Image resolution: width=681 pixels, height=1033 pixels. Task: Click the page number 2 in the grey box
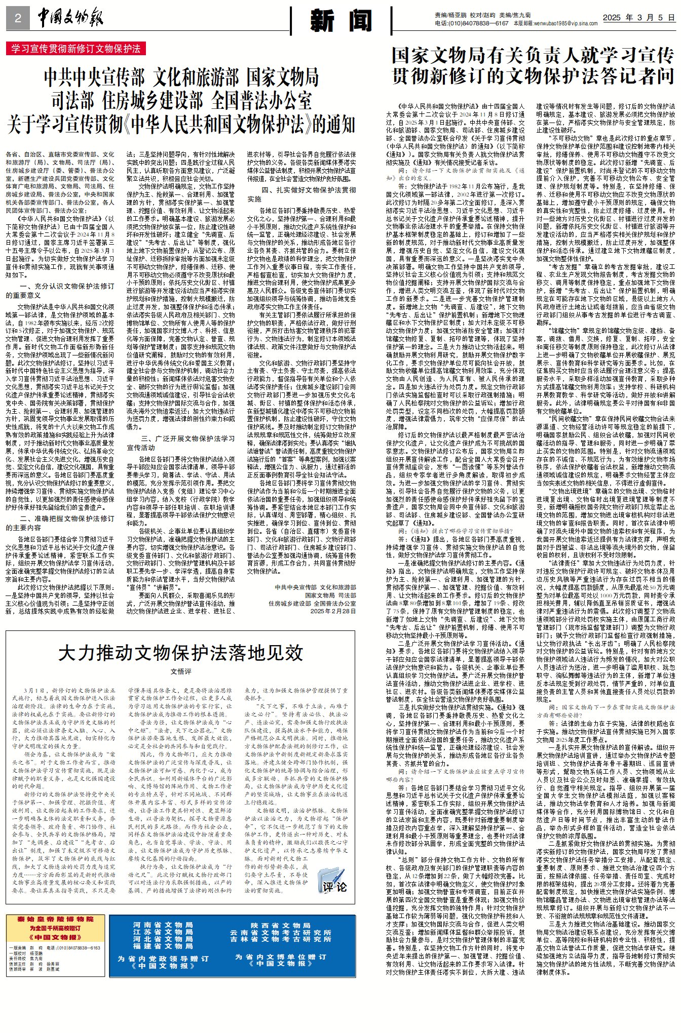click(x=18, y=19)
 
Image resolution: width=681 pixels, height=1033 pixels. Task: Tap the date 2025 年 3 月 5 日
click(x=638, y=18)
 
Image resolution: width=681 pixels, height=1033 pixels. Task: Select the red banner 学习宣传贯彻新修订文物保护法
click(x=76, y=49)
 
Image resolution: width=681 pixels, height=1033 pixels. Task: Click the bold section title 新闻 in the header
click(x=342, y=20)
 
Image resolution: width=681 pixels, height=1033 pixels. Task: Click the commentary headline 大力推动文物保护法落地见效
click(x=180, y=653)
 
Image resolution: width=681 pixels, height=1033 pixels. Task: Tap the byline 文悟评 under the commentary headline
click(x=181, y=671)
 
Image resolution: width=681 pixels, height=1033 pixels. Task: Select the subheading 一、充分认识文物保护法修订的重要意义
click(x=60, y=290)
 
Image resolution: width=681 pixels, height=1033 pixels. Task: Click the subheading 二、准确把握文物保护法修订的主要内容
click(x=60, y=523)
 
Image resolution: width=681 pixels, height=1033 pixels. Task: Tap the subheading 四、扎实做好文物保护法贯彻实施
click(x=301, y=194)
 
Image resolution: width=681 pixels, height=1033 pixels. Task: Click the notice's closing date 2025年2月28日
click(x=333, y=611)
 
